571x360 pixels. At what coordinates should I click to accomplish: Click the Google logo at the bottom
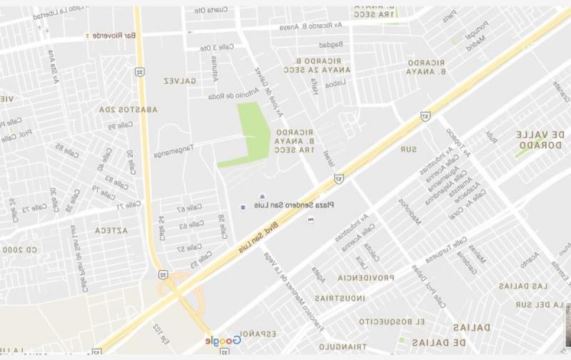point(223,340)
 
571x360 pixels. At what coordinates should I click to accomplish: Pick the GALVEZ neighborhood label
point(180,81)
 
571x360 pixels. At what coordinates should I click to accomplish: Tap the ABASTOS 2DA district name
point(128,109)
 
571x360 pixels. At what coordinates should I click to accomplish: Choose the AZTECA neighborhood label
point(111,230)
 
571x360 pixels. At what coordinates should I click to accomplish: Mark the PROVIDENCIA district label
point(366,278)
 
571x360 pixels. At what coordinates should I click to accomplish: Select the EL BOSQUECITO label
point(392,321)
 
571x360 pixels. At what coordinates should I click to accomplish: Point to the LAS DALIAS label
point(523,286)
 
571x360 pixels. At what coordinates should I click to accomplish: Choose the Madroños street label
point(410,211)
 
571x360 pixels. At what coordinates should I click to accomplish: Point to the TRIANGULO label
point(343,347)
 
